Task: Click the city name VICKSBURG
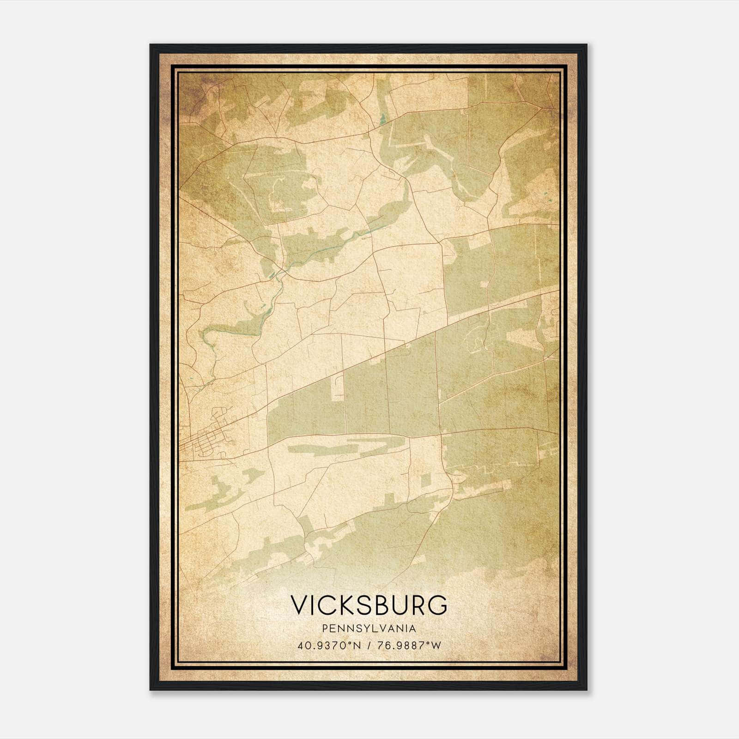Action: click(369, 605)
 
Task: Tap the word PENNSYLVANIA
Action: click(369, 629)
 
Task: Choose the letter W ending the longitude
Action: click(436, 645)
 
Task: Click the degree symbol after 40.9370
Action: click(351, 642)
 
